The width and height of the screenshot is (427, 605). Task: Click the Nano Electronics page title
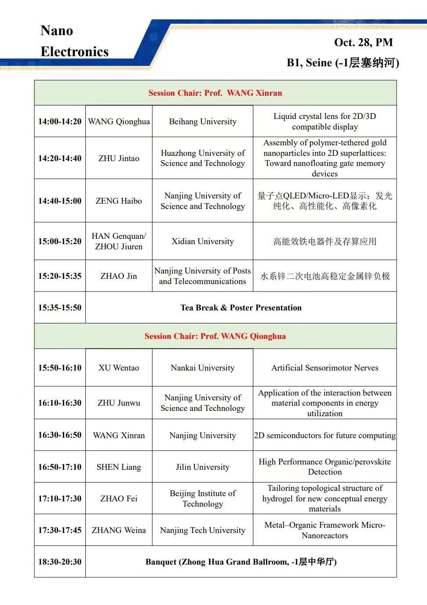[x=74, y=41]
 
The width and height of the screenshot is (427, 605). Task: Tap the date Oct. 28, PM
[x=363, y=42]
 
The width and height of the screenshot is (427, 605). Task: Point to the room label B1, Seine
[x=343, y=63]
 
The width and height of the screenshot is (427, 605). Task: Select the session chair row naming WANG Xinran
[x=215, y=93]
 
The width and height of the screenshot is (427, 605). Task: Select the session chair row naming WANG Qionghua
[x=215, y=336]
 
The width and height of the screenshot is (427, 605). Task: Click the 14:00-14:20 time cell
[x=60, y=122]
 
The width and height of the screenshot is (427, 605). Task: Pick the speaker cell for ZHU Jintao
[x=119, y=158]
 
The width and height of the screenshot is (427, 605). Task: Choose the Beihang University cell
[x=203, y=122]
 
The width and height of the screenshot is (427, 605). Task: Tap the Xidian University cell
[x=203, y=241]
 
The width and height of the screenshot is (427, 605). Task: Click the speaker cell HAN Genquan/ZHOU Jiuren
[x=119, y=241]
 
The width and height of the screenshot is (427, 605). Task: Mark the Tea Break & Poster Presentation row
[x=241, y=308]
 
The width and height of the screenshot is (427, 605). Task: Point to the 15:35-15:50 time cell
[x=60, y=308]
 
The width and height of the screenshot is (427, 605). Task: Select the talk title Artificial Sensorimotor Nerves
[x=325, y=368]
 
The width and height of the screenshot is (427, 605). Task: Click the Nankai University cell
[x=203, y=368]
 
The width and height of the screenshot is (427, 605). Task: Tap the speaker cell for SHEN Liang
[x=119, y=467]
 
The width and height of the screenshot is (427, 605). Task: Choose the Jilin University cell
[x=203, y=467]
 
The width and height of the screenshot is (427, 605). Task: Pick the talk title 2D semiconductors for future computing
[x=325, y=436]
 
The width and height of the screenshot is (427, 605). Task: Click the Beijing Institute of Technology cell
[x=203, y=499]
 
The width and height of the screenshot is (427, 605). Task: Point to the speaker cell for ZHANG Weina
[x=119, y=530]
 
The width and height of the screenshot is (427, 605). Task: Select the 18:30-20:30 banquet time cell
[x=60, y=562]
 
